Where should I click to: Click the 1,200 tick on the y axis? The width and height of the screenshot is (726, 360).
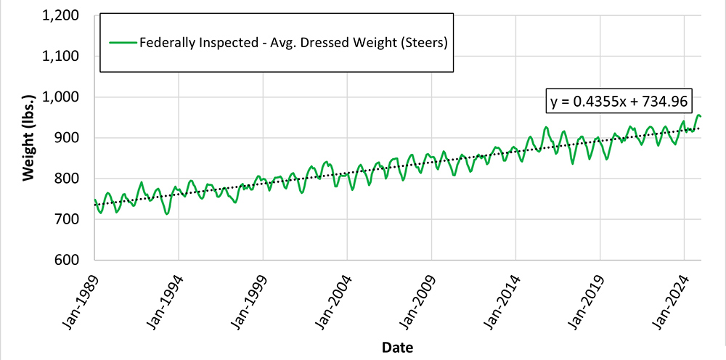pos(67,16)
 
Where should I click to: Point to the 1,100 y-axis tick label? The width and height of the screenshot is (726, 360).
pos(67,57)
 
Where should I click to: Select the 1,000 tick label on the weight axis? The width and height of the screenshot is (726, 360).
pos(67,97)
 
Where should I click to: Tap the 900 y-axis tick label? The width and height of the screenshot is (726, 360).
pos(73,138)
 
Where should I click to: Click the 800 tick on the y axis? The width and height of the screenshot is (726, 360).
pos(73,179)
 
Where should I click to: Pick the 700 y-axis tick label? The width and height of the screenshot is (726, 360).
pos(73,219)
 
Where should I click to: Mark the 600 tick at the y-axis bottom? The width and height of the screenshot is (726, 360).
pos(73,260)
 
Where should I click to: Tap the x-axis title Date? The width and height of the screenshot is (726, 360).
pos(398,348)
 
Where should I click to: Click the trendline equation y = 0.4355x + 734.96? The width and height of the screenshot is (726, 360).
pos(612,102)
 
